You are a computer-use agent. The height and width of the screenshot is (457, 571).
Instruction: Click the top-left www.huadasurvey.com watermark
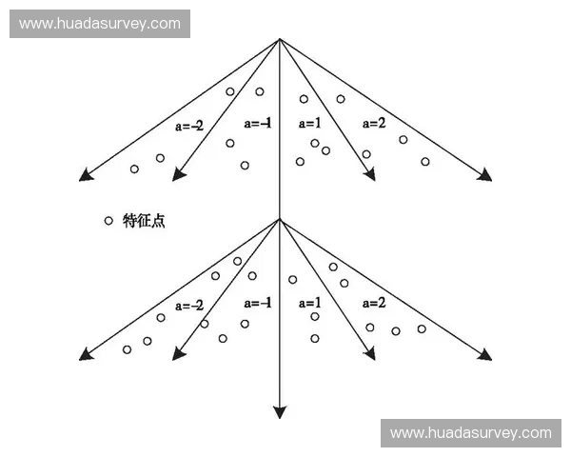coord(100,24)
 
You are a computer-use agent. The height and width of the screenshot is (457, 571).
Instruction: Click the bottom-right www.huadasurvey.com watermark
coord(471,433)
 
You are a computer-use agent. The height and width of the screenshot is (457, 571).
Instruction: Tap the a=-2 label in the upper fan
coord(189,126)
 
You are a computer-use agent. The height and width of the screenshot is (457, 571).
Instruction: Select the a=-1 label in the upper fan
coord(258,124)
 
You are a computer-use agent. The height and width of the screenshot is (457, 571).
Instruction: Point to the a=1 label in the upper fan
coord(310,124)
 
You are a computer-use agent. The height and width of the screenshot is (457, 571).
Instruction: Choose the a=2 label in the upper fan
coord(374,123)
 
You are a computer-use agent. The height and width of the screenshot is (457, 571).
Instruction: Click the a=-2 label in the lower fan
coord(189,306)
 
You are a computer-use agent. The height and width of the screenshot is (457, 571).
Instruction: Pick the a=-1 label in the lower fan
coord(258,303)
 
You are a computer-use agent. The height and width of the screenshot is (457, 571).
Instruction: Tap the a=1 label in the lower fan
coord(310,303)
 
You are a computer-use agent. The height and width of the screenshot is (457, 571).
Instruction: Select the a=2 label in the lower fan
coord(374,303)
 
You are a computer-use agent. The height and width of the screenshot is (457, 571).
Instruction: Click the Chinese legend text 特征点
coord(144,221)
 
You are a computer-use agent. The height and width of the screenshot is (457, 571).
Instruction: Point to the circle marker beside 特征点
coord(108,221)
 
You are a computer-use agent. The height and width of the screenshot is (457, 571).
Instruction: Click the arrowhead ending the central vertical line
coord(279,412)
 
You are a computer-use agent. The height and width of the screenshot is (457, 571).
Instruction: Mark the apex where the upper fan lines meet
coord(279,39)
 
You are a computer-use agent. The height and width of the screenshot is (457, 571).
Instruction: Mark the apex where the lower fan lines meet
coord(279,219)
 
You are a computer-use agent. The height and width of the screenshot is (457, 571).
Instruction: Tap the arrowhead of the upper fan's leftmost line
coord(86,175)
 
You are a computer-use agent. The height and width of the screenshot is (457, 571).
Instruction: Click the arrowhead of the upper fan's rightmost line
coord(485,175)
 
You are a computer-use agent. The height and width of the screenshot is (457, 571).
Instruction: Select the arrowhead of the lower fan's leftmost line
coord(86,354)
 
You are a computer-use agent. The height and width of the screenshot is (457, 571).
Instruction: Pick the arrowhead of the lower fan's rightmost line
coord(485,354)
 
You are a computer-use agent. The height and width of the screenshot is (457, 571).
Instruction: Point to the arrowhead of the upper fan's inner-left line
coord(178,174)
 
